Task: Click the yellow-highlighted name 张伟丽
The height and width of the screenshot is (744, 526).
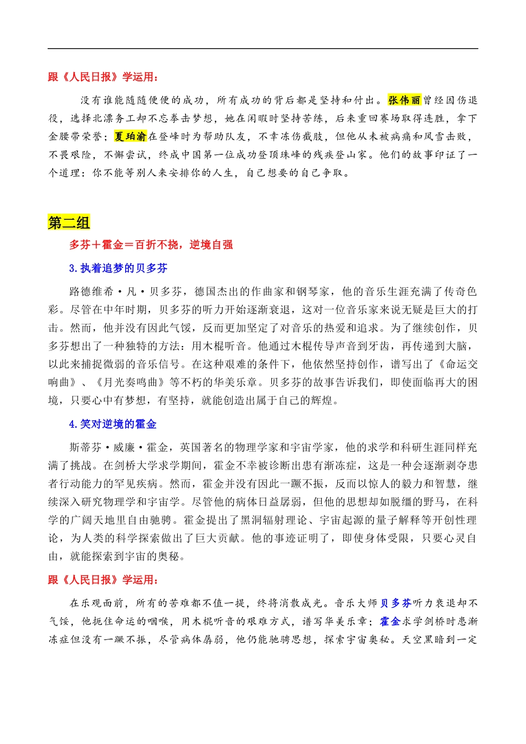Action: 404,100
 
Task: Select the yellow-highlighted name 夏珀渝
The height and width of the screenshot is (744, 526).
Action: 131,136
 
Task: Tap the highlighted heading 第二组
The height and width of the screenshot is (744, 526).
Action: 69,223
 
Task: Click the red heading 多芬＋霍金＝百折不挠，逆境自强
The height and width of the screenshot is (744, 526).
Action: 151,245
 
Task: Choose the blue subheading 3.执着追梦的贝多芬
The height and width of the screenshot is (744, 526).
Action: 118,268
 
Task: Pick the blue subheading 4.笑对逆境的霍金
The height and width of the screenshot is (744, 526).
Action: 112,425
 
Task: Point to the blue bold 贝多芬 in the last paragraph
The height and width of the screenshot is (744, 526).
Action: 396,603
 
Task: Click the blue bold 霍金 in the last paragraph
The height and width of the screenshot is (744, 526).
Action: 390,622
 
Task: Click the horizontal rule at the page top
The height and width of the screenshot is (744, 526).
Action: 263,49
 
